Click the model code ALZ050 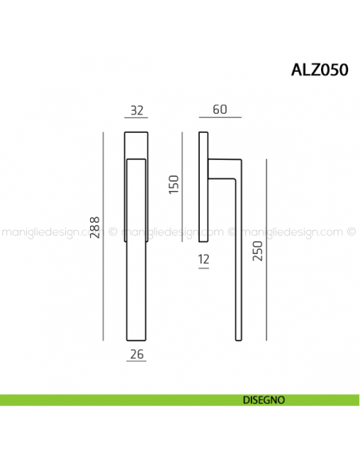[319, 69]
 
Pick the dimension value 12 [203, 259]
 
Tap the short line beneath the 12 [203, 270]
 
